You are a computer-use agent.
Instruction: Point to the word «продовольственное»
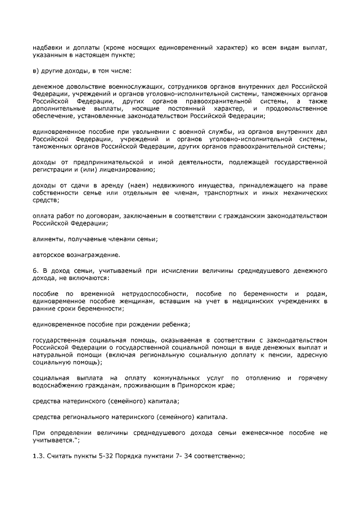(298, 107)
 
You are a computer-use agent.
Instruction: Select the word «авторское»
(49, 254)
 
